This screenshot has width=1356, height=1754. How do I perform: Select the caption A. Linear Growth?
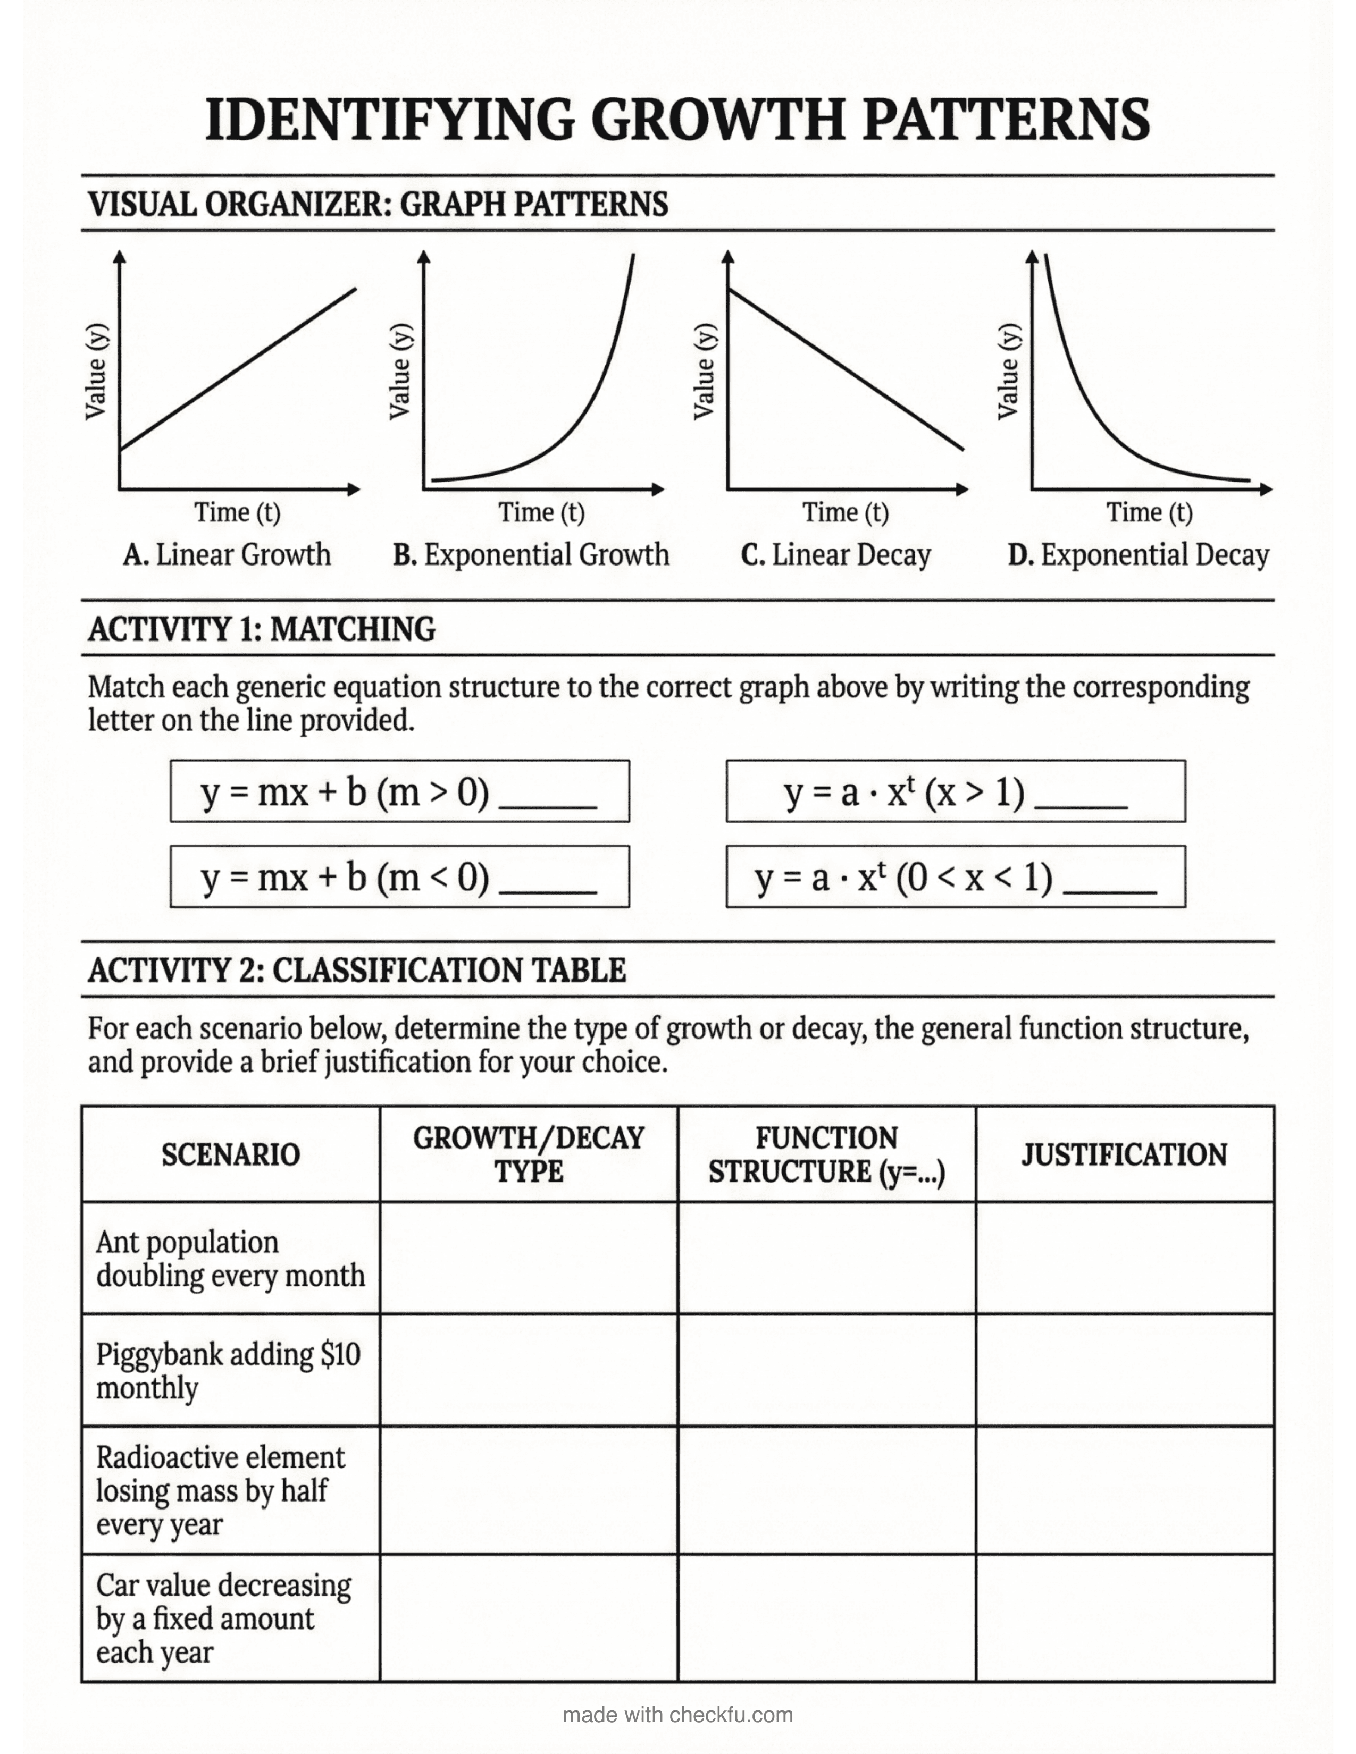click(227, 555)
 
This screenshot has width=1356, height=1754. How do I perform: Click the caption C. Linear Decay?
click(835, 555)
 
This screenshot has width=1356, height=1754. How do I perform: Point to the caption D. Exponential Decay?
click(1139, 555)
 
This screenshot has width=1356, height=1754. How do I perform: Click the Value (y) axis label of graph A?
click(96, 371)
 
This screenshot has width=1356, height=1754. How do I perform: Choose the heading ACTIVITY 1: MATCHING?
click(262, 629)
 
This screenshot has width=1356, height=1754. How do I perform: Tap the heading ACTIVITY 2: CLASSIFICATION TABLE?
click(357, 970)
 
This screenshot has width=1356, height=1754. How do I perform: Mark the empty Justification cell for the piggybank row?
click(1124, 1371)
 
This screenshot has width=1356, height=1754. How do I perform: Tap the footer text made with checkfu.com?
click(677, 1715)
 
